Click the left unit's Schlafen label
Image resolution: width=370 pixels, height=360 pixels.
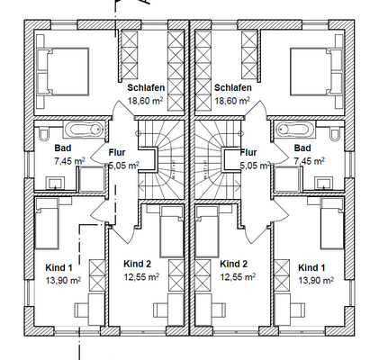146,87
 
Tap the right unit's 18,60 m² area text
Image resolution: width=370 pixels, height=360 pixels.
232,101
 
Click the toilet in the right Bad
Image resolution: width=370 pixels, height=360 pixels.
335,134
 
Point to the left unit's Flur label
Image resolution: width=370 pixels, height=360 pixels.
117,152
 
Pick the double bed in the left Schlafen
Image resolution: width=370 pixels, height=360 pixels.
62,72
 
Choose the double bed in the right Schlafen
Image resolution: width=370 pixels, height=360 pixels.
317,72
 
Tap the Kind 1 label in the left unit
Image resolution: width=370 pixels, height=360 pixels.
59,267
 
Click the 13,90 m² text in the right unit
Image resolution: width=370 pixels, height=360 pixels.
316,280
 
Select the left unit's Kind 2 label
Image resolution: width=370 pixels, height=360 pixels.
137,264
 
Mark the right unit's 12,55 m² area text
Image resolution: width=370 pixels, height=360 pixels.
238,276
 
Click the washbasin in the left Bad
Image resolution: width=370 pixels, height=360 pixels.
55,183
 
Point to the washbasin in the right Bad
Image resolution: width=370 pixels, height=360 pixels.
324,183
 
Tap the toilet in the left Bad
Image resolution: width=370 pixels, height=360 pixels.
43,134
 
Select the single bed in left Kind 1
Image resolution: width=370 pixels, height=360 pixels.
47,223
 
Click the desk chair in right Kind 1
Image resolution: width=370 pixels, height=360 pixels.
299,310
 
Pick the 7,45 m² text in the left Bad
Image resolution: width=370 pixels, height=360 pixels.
69,161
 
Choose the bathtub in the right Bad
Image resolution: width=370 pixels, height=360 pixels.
294,130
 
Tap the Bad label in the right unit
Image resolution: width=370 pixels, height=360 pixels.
302,148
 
